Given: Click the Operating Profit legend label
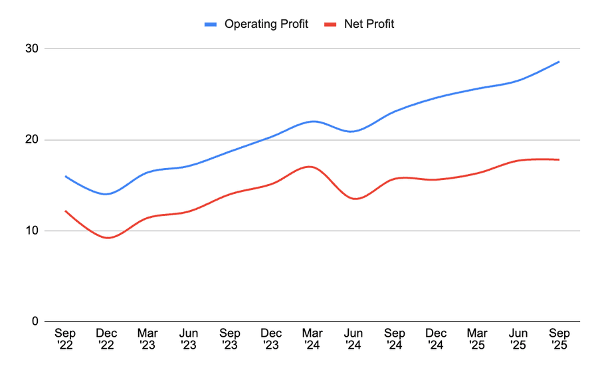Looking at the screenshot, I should click(266, 25).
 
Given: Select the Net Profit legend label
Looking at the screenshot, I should click(369, 25).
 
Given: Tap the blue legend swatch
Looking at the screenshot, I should click(211, 25).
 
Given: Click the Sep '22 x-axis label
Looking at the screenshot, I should click(65, 338).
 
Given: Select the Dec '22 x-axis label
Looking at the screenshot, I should click(106, 338).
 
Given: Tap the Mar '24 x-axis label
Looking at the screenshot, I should click(312, 338).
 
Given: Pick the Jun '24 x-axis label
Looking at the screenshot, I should click(353, 338).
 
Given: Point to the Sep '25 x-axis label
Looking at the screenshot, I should click(559, 338).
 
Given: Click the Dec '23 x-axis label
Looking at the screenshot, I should click(271, 338).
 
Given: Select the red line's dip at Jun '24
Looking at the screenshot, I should click(353, 199).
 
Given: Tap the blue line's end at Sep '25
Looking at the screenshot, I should click(559, 62).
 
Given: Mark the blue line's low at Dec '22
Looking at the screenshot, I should click(106, 194).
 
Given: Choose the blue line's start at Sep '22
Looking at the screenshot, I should click(65, 176).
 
